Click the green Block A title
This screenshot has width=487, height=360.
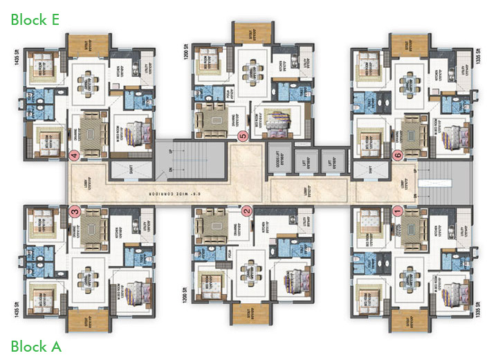pyautogui.click(x=36, y=345)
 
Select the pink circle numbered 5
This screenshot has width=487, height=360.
pyautogui.click(x=242, y=136)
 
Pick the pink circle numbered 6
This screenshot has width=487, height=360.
pyautogui.click(x=397, y=155)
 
